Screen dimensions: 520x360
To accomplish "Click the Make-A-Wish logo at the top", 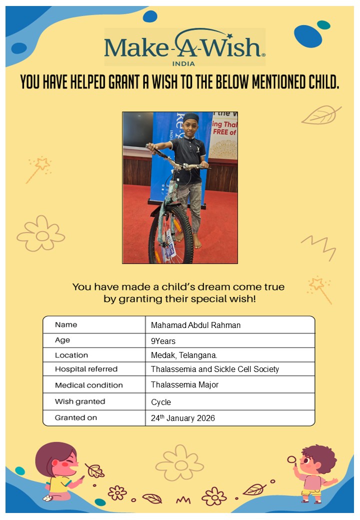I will [x=184, y=46].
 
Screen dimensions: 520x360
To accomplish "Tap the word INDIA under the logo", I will [x=183, y=63].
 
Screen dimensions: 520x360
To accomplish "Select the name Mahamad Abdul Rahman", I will [x=195, y=325].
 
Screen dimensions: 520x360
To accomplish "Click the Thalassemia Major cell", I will [x=184, y=384].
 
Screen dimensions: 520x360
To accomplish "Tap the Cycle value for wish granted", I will [x=161, y=402].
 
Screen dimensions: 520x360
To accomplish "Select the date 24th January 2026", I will [x=182, y=418].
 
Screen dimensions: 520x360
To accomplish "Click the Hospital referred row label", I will [x=86, y=369].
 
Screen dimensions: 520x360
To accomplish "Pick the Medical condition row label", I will [x=88, y=385].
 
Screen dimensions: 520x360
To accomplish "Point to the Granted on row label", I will [x=76, y=417].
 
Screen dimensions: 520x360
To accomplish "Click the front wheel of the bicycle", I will [x=170, y=235].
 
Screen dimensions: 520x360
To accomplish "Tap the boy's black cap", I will [x=190, y=118].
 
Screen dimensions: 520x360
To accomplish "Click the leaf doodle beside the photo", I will [x=320, y=115].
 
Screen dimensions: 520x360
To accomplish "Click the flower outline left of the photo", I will [x=41, y=233].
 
